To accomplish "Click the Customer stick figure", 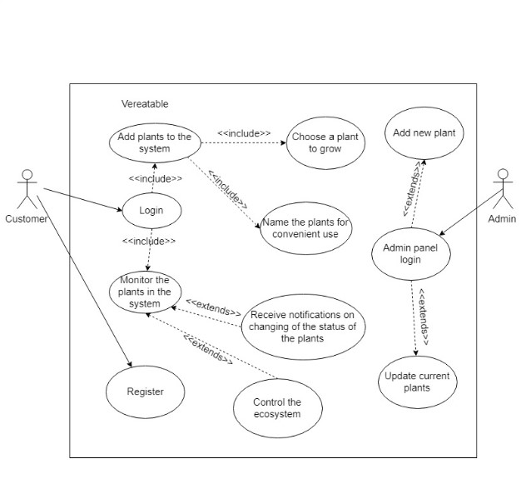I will [27, 189].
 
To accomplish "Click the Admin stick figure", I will [501, 189].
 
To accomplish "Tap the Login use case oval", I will [151, 211].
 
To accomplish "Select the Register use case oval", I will [145, 392].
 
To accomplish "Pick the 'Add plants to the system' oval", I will [154, 142].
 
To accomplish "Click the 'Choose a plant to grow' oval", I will [325, 142].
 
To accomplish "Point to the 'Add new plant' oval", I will [424, 133].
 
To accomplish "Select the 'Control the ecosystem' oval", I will [276, 408].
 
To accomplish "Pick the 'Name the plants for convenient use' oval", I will [305, 227].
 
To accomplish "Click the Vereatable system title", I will [145, 104].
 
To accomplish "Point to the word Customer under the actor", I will [26, 219].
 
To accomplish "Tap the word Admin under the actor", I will [501, 219].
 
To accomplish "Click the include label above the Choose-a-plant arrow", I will [244, 132].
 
